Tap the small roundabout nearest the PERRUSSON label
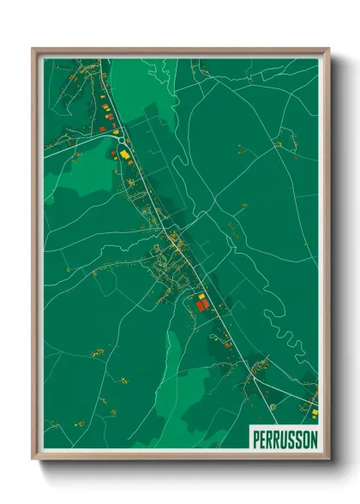pyautogui.click(x=272, y=406)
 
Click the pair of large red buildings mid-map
pyautogui.click(x=201, y=303)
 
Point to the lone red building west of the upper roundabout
pyautogui.click(x=101, y=129)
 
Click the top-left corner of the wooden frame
pyautogui.click(x=33, y=50)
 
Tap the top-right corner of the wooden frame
pyautogui.click(x=328, y=50)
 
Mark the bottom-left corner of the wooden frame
pyautogui.click(x=33, y=459)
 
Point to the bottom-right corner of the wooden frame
pyautogui.click(x=328, y=459)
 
